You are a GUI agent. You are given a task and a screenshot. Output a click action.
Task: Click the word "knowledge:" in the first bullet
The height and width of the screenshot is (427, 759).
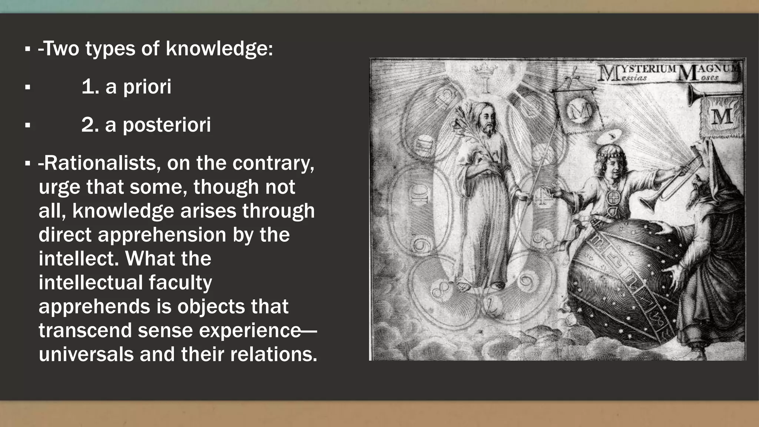(x=219, y=49)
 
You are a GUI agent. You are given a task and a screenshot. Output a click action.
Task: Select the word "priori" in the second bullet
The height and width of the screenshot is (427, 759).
(x=147, y=87)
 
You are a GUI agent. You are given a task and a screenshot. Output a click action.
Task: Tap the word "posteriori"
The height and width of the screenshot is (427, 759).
(x=166, y=125)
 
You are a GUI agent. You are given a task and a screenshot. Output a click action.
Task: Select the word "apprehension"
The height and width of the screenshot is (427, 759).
(x=162, y=235)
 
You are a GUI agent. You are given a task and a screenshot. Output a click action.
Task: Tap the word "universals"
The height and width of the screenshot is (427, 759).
(x=86, y=354)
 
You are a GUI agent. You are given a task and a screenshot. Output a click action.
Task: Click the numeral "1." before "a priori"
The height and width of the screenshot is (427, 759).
(x=90, y=87)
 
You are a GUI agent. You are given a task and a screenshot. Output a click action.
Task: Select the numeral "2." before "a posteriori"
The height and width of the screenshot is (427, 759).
(x=90, y=125)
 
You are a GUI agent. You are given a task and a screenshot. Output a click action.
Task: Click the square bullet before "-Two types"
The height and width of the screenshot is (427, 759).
(x=27, y=49)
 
